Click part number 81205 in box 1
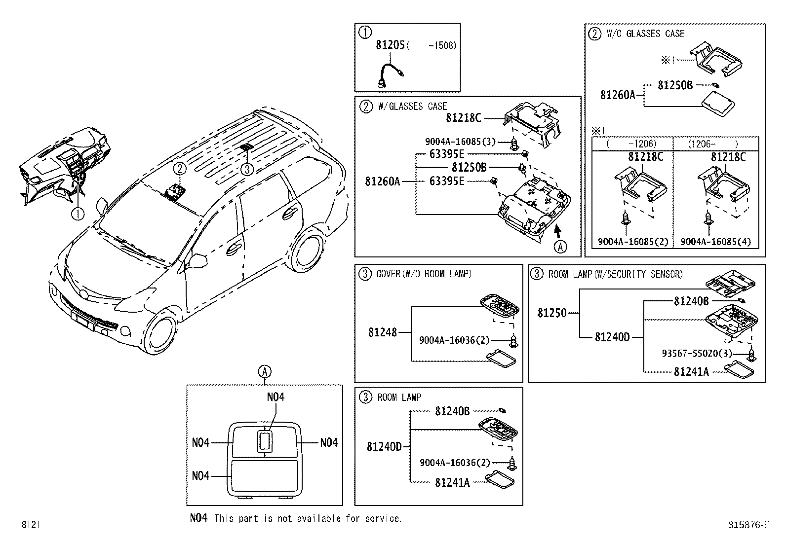390,45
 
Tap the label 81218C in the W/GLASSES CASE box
463,118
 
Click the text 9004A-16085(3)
460,142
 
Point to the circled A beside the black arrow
560,246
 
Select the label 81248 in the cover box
382,332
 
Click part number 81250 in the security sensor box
551,313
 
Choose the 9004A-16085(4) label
715,242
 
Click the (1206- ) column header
715,144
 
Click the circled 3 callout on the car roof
247,169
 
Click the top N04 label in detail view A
275,397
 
